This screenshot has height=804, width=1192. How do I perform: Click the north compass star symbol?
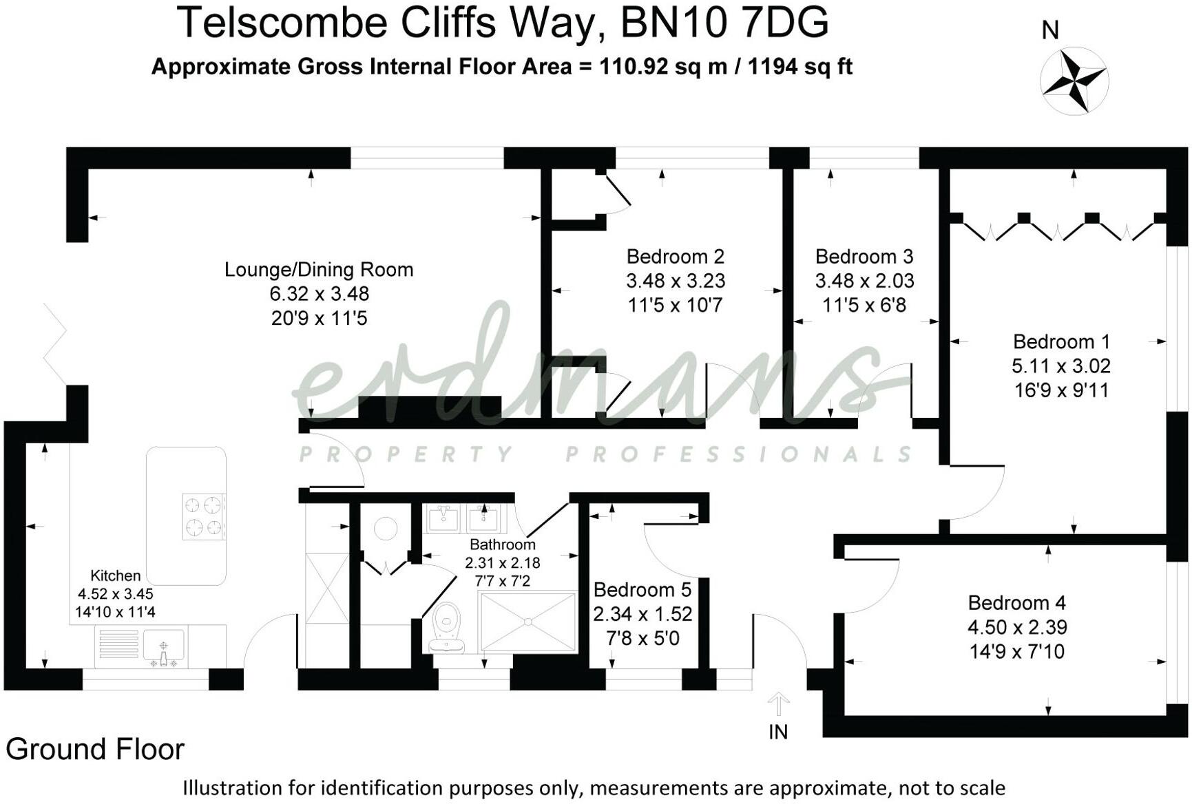(x=1074, y=81)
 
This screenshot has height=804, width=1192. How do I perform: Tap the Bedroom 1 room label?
(x=1061, y=341)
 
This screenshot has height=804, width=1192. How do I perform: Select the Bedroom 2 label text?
(x=675, y=257)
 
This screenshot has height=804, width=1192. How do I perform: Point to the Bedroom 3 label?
(x=864, y=257)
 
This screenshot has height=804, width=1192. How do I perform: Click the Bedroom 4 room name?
(x=1016, y=603)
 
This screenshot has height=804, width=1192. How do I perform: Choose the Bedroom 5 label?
(x=642, y=590)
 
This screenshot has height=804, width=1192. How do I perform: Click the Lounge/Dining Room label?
(x=319, y=270)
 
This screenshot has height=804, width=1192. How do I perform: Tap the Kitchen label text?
(x=116, y=575)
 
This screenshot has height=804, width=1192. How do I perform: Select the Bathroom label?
(x=502, y=544)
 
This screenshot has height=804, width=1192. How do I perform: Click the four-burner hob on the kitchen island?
(x=205, y=516)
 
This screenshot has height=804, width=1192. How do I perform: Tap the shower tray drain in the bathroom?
(x=527, y=622)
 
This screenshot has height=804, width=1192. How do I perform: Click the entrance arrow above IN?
(x=778, y=703)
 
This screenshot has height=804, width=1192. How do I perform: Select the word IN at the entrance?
(x=778, y=732)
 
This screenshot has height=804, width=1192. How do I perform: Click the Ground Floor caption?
(x=95, y=749)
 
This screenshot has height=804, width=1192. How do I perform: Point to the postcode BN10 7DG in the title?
(x=724, y=23)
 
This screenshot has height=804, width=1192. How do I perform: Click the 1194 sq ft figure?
(x=800, y=67)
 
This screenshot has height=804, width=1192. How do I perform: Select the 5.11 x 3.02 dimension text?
(x=1061, y=366)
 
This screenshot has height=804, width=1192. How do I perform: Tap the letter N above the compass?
(x=1050, y=30)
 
